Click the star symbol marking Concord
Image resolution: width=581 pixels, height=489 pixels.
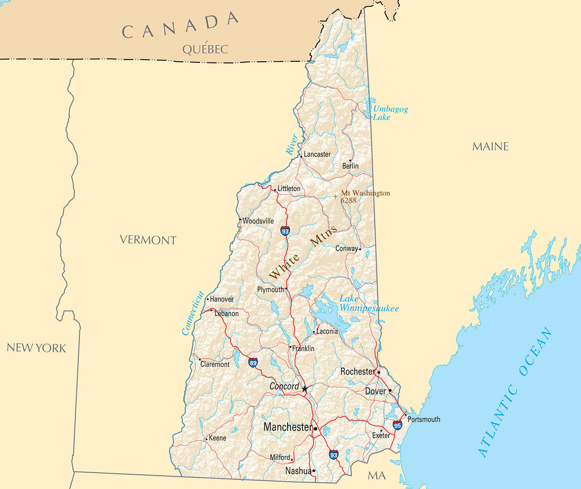pyautogui.click(x=305, y=389)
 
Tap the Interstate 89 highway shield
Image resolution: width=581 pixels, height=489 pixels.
pyautogui.click(x=253, y=362)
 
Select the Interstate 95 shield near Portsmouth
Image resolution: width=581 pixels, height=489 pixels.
pyautogui.click(x=397, y=424)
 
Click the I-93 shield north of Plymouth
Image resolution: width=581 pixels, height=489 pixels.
pyautogui.click(x=285, y=231)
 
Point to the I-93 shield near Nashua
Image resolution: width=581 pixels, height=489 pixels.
pyautogui.click(x=334, y=454)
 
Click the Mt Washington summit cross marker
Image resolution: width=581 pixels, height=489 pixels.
pyautogui.click(x=335, y=196)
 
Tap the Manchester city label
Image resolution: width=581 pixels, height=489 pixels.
pyautogui.click(x=288, y=427)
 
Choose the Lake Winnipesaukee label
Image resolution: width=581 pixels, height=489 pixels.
pyautogui.click(x=368, y=303)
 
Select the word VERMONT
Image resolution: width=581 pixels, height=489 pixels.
pyautogui.click(x=148, y=240)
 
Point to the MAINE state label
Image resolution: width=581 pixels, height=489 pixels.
pyautogui.click(x=490, y=146)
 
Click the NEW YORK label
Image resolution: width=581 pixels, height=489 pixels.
pyautogui.click(x=36, y=348)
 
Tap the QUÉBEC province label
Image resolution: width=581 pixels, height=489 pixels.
pyautogui.click(x=205, y=49)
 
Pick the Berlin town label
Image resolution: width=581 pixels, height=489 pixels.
pyautogui.click(x=350, y=166)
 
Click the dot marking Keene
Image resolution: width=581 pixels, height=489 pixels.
pyautogui.click(x=206, y=439)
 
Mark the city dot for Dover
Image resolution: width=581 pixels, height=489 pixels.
pyautogui.click(x=390, y=391)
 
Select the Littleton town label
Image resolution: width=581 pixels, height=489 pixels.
pyautogui.click(x=289, y=188)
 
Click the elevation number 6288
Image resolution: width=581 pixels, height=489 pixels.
pyautogui.click(x=348, y=200)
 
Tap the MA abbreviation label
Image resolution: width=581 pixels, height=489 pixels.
pyautogui.click(x=376, y=475)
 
